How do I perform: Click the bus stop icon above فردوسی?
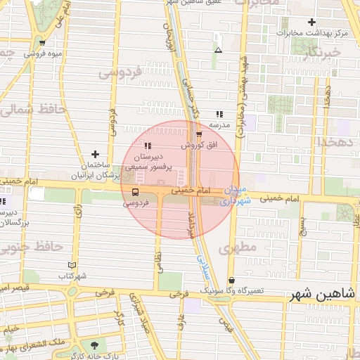point(135,191)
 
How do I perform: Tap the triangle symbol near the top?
point(219,50)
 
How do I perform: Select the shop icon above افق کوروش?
point(200,134)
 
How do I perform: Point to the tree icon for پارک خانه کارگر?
point(94,345)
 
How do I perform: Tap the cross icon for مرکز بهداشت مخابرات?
point(312,22)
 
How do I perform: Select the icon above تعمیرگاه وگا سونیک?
point(231,280)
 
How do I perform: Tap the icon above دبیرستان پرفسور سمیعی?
point(147,146)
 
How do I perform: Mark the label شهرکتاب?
point(72,276)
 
